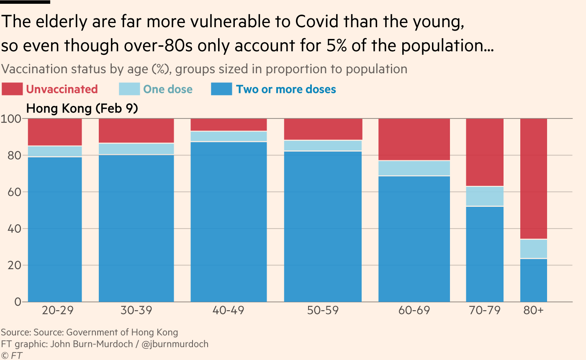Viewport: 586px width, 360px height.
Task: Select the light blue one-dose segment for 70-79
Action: [x=485, y=196]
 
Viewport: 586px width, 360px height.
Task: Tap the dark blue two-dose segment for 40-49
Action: [x=229, y=222]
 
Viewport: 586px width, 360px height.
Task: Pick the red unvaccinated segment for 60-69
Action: [x=414, y=139]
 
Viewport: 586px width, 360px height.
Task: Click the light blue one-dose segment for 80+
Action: [x=533, y=249]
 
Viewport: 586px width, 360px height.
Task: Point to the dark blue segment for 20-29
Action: [x=55, y=229]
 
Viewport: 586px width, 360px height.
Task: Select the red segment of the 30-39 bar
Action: [x=136, y=131]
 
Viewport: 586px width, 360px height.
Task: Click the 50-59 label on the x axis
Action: [x=323, y=311]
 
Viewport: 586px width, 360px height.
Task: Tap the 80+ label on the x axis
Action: [x=533, y=311]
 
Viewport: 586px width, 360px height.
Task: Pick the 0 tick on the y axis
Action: [x=18, y=302]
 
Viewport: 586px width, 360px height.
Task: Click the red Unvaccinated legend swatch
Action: [x=12, y=89]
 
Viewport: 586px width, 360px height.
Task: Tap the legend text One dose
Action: [x=167, y=89]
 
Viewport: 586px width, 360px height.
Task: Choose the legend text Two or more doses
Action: [x=286, y=89]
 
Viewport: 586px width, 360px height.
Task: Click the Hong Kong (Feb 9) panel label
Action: [x=82, y=109]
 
